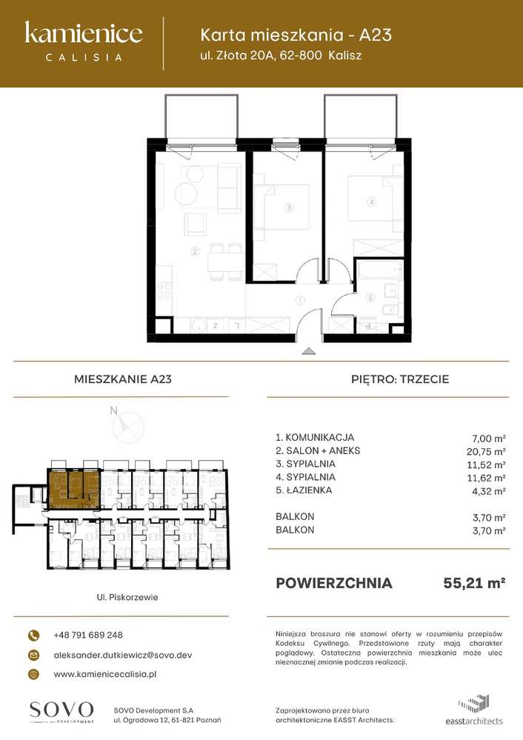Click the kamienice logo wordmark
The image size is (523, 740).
(x=83, y=33)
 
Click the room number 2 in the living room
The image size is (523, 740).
(x=195, y=252)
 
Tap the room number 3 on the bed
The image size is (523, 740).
(x=290, y=208)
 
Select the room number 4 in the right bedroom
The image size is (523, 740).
(x=372, y=201)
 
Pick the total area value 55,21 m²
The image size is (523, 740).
(x=474, y=583)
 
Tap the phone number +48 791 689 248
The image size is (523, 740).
(x=88, y=636)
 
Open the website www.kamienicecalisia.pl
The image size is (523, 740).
(x=105, y=674)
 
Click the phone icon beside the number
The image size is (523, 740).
(x=34, y=636)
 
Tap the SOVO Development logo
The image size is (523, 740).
(x=61, y=710)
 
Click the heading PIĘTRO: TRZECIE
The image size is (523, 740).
(x=399, y=379)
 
